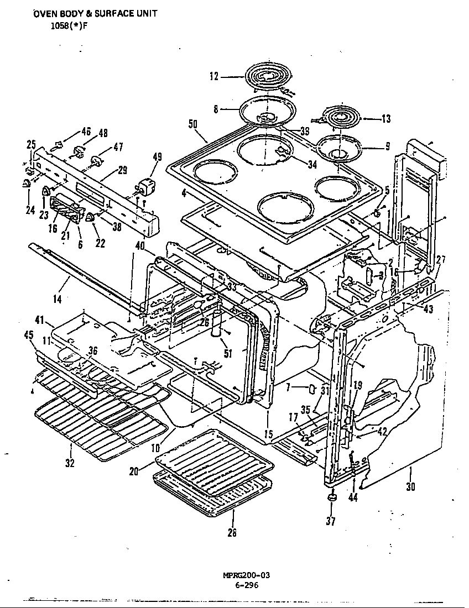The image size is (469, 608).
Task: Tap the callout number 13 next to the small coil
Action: (x=385, y=118)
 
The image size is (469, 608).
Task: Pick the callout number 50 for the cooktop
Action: (x=193, y=124)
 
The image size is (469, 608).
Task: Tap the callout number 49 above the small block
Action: (x=157, y=157)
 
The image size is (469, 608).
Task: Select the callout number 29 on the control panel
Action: (x=122, y=170)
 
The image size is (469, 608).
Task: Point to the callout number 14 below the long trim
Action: (x=58, y=298)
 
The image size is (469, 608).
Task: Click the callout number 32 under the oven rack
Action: (x=69, y=463)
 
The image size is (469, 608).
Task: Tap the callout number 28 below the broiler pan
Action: (x=232, y=532)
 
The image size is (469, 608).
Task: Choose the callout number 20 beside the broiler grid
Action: (x=134, y=471)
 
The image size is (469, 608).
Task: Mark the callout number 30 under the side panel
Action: (x=410, y=487)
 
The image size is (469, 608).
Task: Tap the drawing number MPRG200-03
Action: (x=238, y=575)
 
